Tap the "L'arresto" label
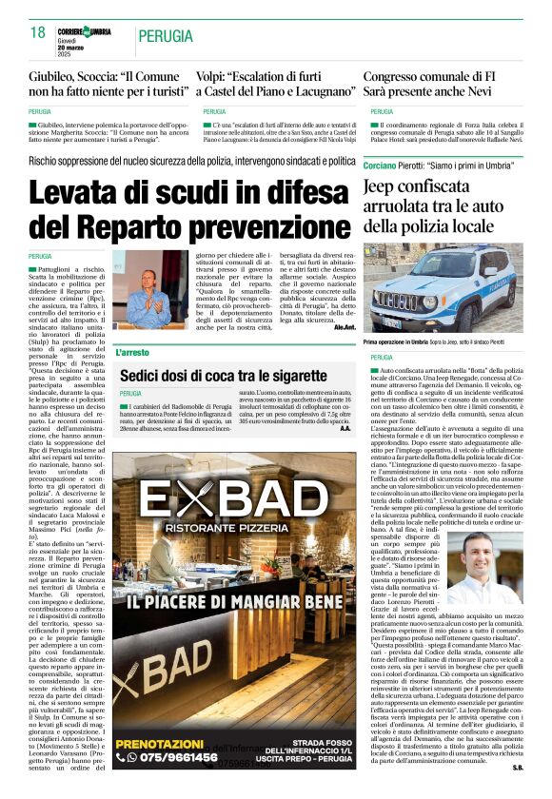133,352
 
